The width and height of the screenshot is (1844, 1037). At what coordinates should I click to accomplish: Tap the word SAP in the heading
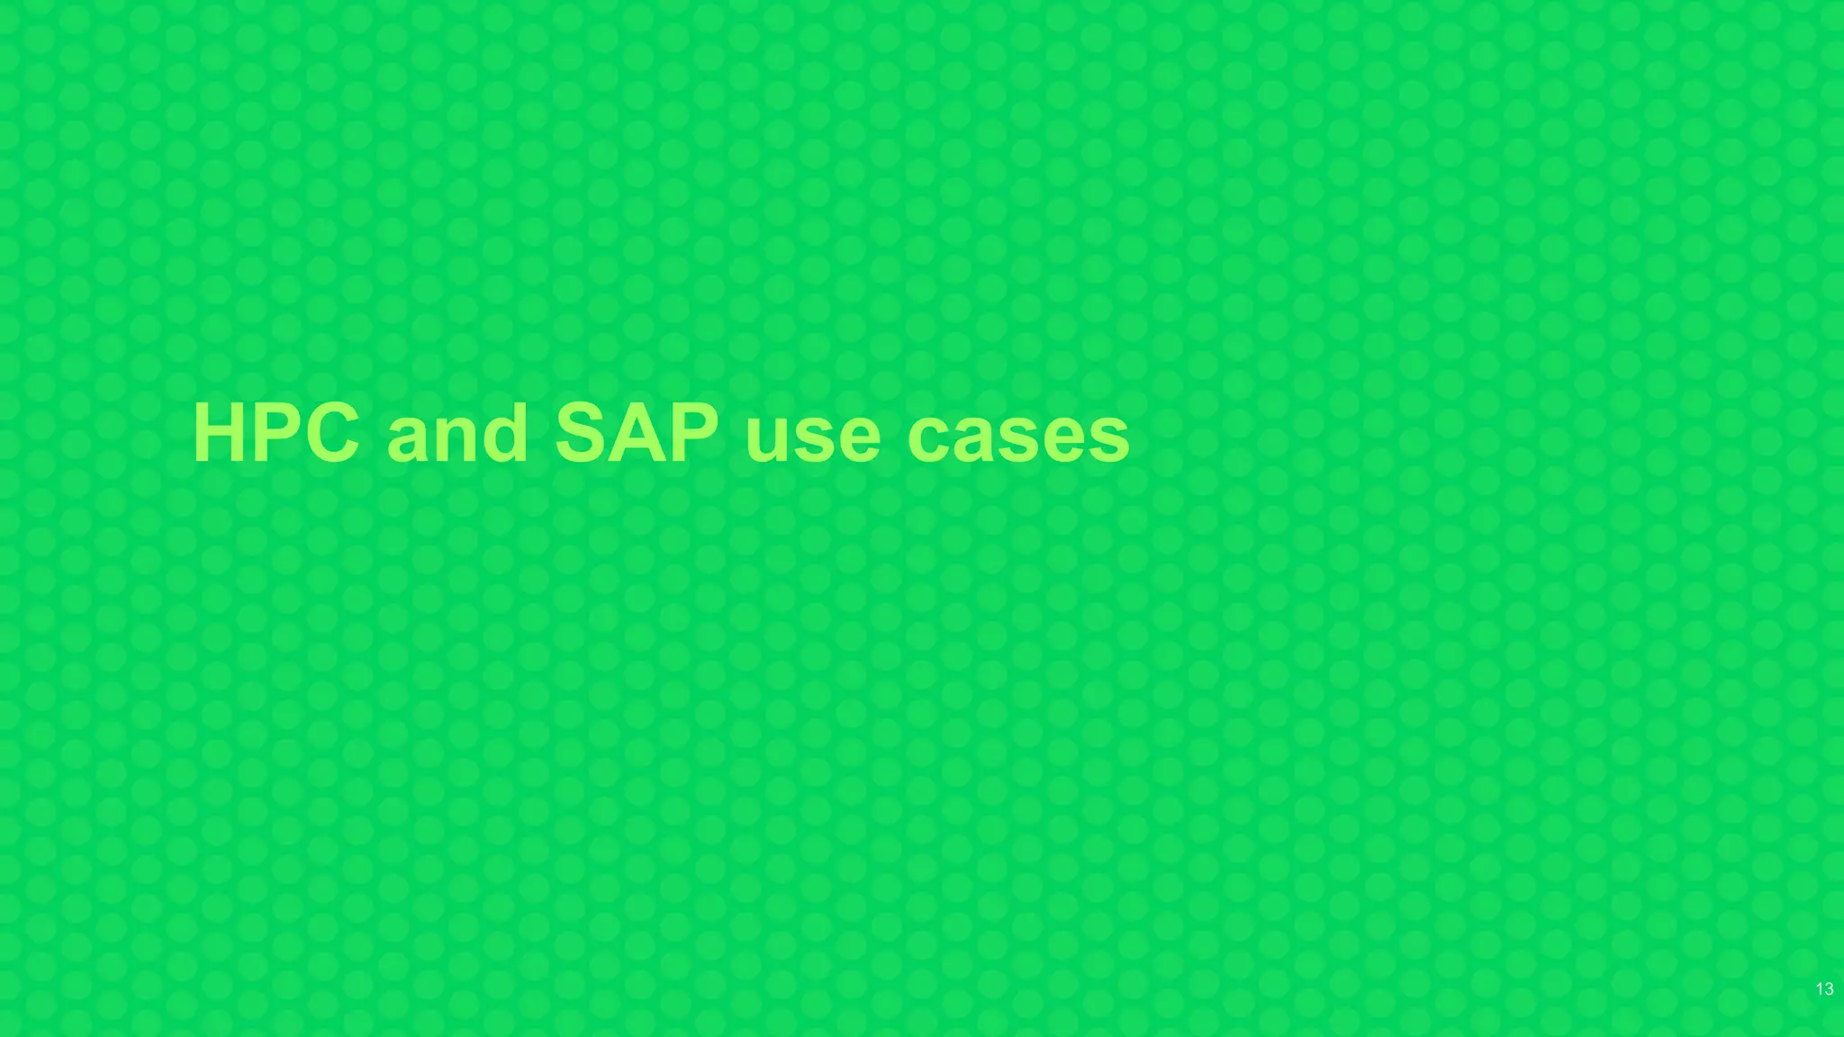[x=637, y=433]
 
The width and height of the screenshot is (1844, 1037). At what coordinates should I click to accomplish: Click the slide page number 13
[x=1824, y=989]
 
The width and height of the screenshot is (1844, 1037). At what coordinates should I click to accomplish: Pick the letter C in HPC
[x=326, y=433]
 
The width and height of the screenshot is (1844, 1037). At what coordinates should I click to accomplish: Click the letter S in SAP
[x=583, y=433]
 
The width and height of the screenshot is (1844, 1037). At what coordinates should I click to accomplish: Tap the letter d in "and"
[x=503, y=433]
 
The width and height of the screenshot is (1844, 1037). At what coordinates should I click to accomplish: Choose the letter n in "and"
[x=458, y=440]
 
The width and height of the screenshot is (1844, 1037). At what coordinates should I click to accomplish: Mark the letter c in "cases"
[x=931, y=440]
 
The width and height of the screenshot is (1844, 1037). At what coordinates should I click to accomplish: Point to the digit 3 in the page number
[x=1829, y=989]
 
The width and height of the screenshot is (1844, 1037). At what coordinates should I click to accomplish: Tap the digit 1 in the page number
[x=1819, y=989]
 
